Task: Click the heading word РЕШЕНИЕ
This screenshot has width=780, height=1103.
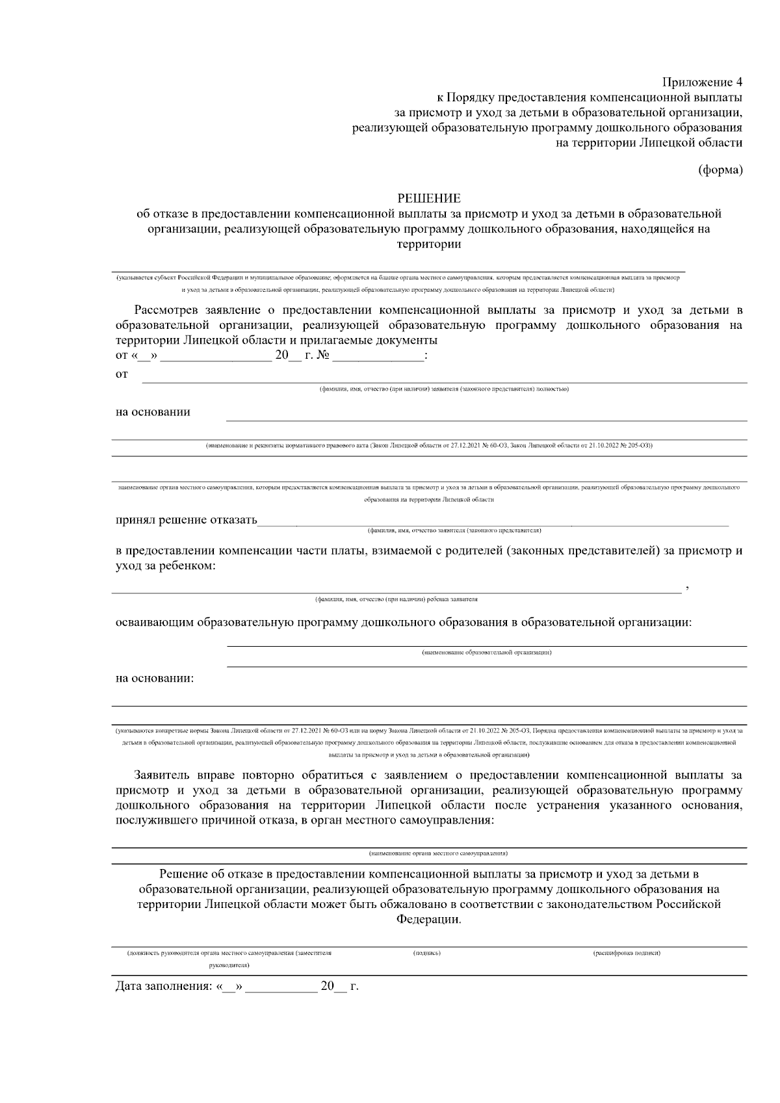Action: [x=428, y=198]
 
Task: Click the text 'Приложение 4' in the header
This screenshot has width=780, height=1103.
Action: [x=702, y=82]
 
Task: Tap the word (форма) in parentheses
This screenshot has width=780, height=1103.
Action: [x=720, y=170]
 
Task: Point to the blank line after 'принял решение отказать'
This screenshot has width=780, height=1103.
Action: [x=494, y=522]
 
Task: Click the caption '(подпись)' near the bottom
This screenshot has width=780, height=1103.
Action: [x=427, y=953]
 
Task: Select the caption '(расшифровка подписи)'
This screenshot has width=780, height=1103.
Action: [x=627, y=953]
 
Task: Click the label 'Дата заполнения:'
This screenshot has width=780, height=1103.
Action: [x=163, y=987]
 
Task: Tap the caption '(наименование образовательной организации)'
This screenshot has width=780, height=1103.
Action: [x=487, y=652]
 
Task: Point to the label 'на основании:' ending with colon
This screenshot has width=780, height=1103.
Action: [x=155, y=679]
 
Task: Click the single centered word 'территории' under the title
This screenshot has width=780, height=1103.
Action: [x=428, y=244]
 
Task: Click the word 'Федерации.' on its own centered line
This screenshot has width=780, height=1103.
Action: [x=428, y=920]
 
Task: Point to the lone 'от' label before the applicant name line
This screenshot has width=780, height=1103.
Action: [x=122, y=374]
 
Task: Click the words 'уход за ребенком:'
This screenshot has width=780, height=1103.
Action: [x=166, y=566]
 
